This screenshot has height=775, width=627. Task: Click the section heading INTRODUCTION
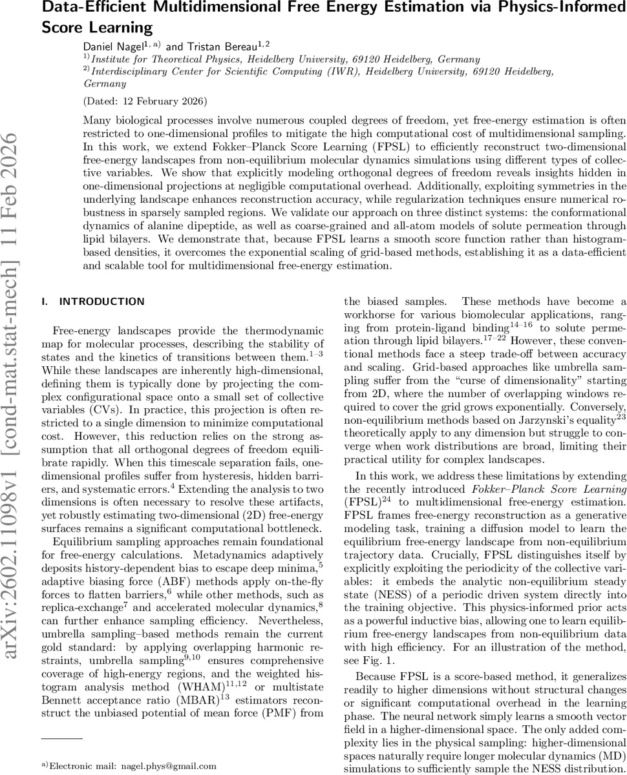tap(101, 302)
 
